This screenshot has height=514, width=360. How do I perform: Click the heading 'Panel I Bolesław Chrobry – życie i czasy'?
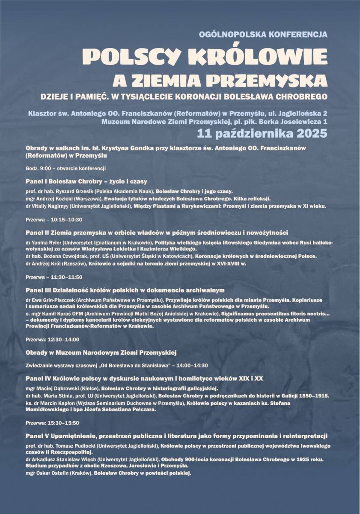tap(86, 181)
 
